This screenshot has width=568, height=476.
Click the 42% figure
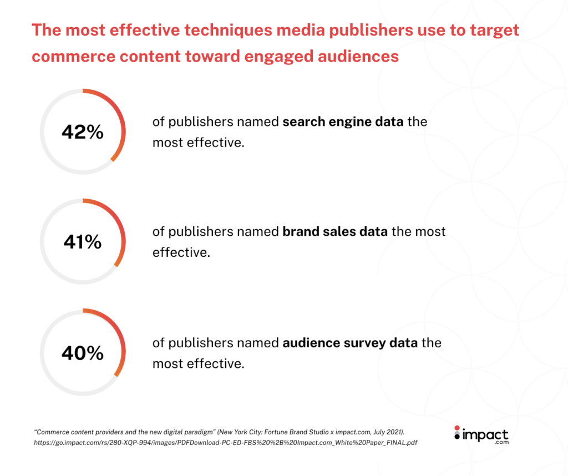click(83, 132)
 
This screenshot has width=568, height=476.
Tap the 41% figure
click(83, 242)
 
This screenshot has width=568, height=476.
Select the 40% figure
click(83, 353)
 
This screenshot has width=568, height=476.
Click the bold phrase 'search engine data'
click(343, 121)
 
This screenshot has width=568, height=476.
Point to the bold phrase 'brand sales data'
click(334, 231)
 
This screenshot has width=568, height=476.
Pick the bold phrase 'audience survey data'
click(349, 342)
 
